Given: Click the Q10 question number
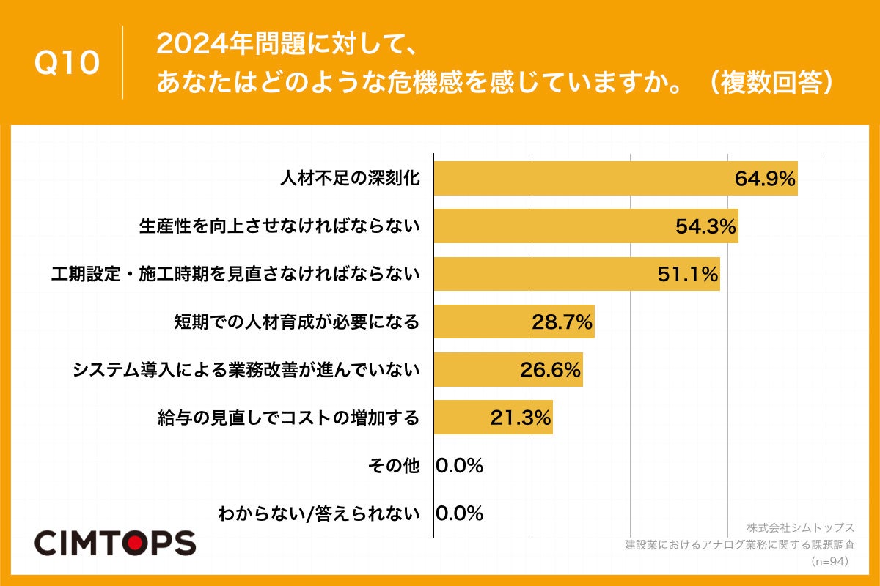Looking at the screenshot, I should [x=67, y=64].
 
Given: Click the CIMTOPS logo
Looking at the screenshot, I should [x=115, y=543].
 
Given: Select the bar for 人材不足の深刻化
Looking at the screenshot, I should [x=587, y=179].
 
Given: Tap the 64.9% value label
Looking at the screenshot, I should [x=766, y=179].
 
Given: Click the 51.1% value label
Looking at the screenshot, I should [x=687, y=274].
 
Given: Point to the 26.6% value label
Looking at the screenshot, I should [x=551, y=370].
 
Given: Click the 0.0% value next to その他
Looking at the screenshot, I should [x=460, y=466].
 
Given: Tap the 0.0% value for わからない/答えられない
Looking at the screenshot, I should [x=460, y=513].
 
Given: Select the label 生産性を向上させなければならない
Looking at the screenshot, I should [x=279, y=226].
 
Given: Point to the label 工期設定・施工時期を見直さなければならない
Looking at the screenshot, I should [x=235, y=274].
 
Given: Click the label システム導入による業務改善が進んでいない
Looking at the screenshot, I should [x=246, y=370].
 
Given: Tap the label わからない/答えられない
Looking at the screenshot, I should [x=319, y=513].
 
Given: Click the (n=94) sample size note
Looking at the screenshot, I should [x=829, y=562].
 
